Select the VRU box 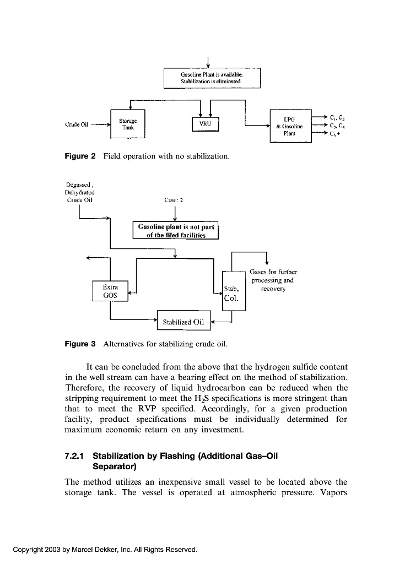[x=204, y=124]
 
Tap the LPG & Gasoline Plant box [x=290, y=126]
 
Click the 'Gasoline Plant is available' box [x=211, y=77]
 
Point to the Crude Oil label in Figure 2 [x=77, y=124]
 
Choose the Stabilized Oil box [x=184, y=322]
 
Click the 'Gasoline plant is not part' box [x=176, y=230]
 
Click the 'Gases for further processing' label [x=273, y=280]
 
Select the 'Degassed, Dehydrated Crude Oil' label [x=80, y=192]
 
